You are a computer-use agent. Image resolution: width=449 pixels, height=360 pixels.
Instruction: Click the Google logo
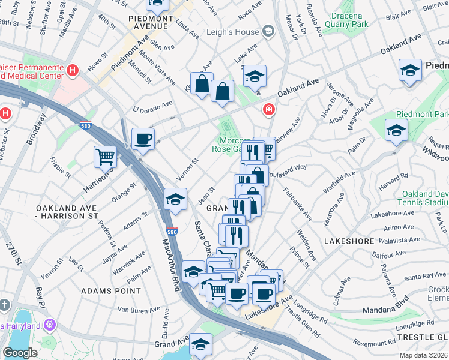tap(20, 353)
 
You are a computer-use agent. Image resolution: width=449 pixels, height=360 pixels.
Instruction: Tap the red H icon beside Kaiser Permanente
tap(73, 71)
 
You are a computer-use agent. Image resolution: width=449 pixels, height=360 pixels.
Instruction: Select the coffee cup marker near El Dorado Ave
tap(143, 139)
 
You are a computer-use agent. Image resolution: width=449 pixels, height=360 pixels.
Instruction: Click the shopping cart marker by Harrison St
tap(105, 157)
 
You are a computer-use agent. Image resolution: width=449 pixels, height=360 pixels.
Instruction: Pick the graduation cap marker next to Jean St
tap(175, 199)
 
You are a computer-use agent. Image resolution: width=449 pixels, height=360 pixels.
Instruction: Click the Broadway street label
tap(35, 129)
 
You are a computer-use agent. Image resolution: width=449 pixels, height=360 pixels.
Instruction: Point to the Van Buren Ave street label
tap(137, 310)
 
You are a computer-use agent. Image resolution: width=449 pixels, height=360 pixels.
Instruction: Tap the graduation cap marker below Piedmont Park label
tap(396, 130)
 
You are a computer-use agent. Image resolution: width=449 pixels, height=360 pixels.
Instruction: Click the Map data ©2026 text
tap(424, 355)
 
